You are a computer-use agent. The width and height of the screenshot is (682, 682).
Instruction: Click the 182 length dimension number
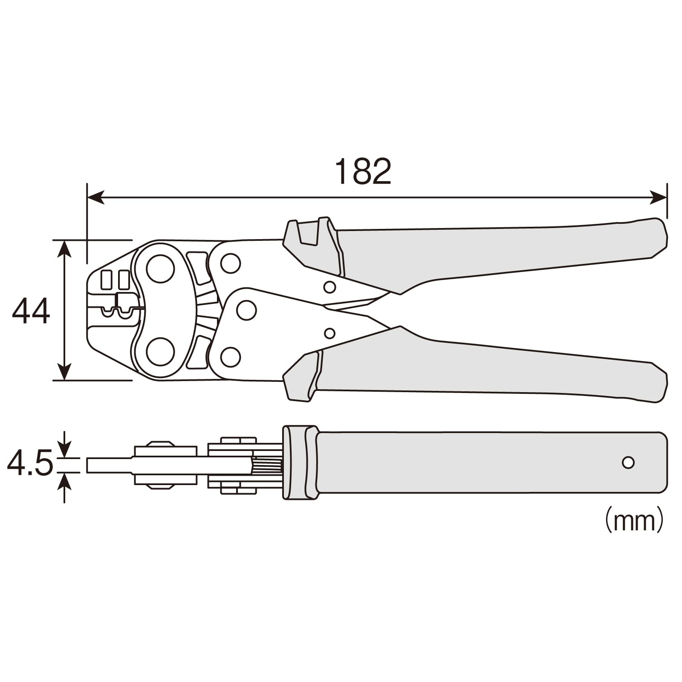363,171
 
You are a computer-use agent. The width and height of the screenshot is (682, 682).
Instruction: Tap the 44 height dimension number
31,312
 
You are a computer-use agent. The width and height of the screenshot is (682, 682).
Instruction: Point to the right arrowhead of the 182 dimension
658,197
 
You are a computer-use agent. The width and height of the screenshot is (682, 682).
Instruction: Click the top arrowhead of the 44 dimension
64,248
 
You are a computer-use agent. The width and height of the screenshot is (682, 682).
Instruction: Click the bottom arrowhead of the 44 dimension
64,372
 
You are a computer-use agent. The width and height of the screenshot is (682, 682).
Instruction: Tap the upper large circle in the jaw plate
160,269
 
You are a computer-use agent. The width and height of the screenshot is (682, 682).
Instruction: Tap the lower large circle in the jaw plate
160,352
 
